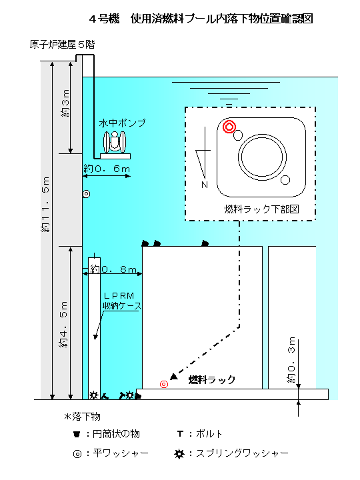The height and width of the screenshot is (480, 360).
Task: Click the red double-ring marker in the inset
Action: (229, 127)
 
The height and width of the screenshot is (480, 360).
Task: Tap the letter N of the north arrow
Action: (205, 185)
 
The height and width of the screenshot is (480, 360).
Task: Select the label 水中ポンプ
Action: (122, 123)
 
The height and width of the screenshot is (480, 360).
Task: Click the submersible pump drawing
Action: (115, 145)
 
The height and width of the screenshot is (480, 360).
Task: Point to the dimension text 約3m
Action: (65, 103)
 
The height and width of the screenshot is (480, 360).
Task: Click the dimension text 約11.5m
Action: (45, 204)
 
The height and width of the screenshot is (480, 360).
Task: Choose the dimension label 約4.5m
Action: (63, 324)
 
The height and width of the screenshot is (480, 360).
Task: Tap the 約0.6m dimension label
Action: (107, 169)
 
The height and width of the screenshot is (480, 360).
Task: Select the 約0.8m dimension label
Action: (113, 269)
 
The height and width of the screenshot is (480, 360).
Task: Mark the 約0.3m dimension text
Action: (291, 359)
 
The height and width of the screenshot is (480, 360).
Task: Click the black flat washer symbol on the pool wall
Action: (86, 194)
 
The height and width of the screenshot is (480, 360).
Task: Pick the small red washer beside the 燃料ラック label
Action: (164, 384)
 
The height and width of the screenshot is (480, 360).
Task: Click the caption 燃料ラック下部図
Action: (261, 209)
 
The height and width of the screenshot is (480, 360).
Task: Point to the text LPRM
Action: (119, 296)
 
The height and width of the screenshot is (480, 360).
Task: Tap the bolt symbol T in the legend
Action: (180, 434)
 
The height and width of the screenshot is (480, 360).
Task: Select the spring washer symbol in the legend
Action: (179, 454)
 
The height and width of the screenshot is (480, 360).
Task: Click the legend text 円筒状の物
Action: (116, 434)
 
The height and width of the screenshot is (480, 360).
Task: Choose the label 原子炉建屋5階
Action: (62, 45)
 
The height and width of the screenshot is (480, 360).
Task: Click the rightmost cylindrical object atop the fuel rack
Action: (205, 243)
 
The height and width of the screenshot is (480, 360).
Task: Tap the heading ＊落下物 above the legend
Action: (82, 416)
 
